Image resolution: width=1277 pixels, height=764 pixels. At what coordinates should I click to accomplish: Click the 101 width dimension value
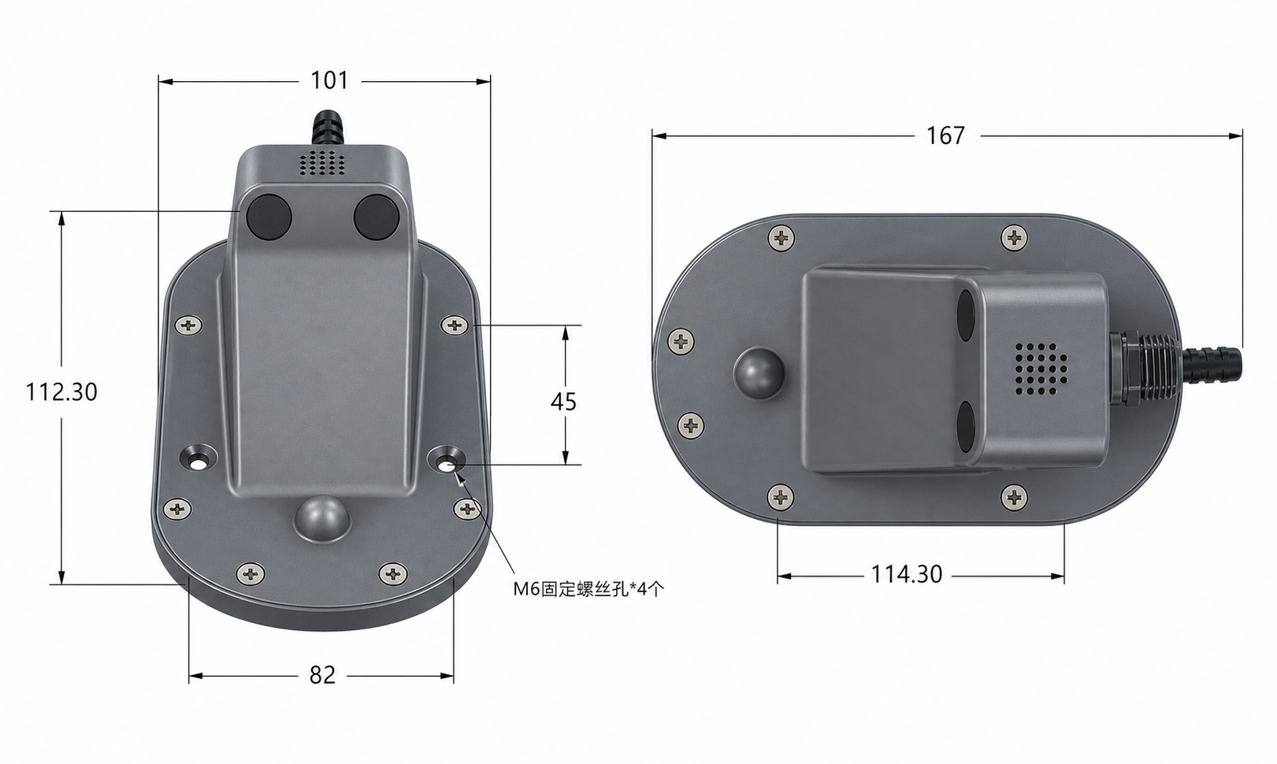(x=329, y=81)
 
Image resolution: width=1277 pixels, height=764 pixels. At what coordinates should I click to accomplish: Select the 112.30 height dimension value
(x=61, y=392)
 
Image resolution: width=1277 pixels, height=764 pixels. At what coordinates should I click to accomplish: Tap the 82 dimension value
(x=322, y=675)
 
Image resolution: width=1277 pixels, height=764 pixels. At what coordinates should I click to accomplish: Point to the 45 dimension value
(x=563, y=402)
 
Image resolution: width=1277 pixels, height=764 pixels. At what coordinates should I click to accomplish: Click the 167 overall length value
(x=945, y=135)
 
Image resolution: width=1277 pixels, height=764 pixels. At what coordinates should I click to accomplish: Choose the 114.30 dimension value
(x=907, y=575)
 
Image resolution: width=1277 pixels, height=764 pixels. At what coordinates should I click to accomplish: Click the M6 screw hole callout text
(x=588, y=589)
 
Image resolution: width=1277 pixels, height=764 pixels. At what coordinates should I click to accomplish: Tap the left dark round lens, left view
(x=269, y=216)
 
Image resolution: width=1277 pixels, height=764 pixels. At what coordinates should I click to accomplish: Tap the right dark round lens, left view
(x=376, y=216)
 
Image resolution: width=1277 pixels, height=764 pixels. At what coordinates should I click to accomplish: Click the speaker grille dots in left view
(x=321, y=162)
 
